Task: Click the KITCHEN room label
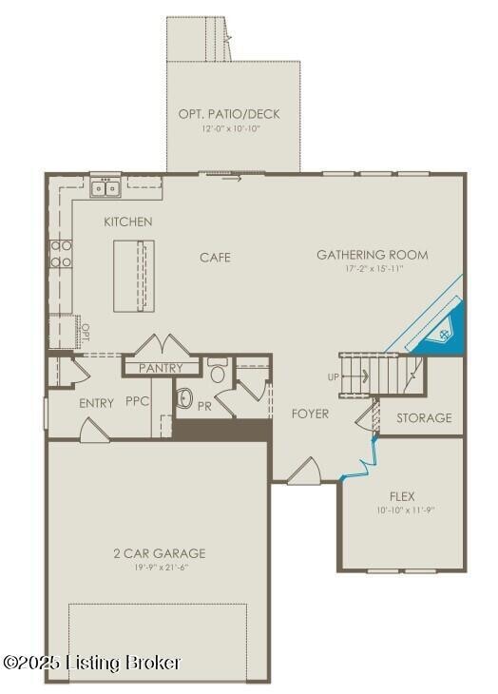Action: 127,222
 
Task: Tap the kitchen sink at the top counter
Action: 105,188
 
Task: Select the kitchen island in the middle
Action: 134,277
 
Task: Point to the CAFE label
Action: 215,258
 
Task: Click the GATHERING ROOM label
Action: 373,255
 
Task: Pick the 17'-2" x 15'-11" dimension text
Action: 374,268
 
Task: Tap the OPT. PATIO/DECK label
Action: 229,114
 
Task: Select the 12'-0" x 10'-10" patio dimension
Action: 230,128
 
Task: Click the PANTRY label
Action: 161,368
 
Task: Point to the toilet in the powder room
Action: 217,371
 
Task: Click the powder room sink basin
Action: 184,397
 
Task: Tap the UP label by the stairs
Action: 334,377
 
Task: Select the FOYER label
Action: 310,414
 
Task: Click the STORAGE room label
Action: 424,418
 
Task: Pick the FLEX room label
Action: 402,496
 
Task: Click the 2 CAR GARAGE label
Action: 160,553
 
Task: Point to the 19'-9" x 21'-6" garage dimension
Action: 159,567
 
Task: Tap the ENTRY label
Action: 96,403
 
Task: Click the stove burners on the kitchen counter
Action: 61,254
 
